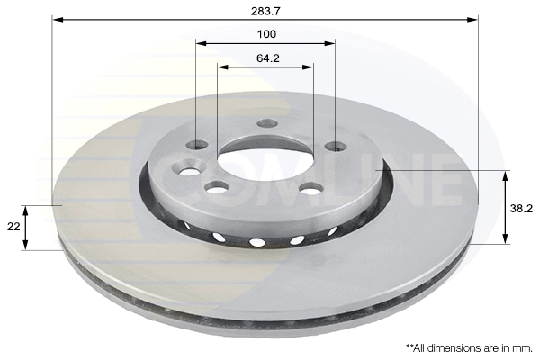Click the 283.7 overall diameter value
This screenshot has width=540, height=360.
(265, 11)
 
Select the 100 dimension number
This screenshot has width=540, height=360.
(266, 34)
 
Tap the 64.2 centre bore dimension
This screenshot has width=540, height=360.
(268, 58)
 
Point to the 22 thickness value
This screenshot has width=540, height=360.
(13, 227)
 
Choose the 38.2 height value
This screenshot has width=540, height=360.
(521, 209)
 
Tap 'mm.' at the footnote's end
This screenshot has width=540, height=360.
(522, 348)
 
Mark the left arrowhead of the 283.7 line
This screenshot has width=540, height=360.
(58, 20)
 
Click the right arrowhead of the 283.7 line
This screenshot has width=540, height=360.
(472, 20)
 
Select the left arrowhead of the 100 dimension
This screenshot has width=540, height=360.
(201, 43)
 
